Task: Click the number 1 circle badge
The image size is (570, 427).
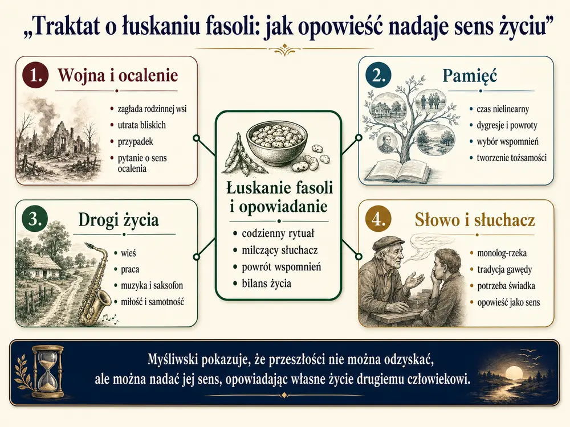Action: tap(35, 75)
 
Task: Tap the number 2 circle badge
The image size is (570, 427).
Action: tap(378, 75)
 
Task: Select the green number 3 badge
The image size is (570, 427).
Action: tap(35, 219)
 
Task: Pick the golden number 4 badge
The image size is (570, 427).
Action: tap(378, 219)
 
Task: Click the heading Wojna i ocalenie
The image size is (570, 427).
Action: tap(118, 76)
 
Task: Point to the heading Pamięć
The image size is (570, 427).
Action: tap(469, 76)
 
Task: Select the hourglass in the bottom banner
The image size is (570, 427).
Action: tap(48, 372)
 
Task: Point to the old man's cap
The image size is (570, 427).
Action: tap(389, 243)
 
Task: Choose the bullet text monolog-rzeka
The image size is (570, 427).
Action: tap(502, 253)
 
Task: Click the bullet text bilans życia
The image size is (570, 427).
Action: tap(266, 284)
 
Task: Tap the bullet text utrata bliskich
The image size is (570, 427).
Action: tap(141, 125)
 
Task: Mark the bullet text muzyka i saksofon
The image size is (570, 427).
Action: tap(152, 285)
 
